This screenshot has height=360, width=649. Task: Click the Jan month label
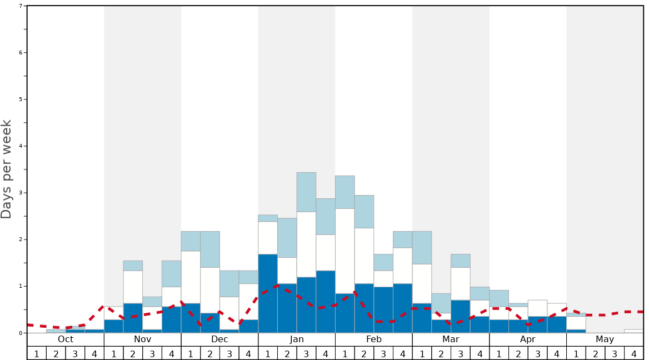click(x=297, y=339)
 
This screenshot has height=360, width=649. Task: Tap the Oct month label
click(x=66, y=339)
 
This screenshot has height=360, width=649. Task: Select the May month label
click(x=605, y=339)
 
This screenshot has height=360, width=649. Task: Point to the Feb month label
click(x=374, y=339)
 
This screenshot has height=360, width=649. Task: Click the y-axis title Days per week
click(x=7, y=169)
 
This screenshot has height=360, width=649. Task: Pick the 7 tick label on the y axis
click(x=21, y=6)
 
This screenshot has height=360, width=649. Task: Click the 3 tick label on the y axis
click(x=21, y=193)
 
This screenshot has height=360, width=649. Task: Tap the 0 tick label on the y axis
click(x=21, y=333)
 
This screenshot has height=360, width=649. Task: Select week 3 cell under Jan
click(x=306, y=353)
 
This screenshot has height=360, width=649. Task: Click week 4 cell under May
click(x=634, y=353)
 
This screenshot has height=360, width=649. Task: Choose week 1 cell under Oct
click(x=37, y=353)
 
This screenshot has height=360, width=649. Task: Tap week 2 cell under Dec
click(x=210, y=353)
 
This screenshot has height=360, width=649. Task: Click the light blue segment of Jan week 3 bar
click(x=306, y=192)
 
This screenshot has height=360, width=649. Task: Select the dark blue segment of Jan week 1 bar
click(x=268, y=293)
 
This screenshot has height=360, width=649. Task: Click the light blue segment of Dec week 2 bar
click(x=210, y=249)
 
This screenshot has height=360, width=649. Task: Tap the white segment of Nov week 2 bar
click(x=133, y=287)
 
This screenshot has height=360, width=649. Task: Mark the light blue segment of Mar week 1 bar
click(x=422, y=248)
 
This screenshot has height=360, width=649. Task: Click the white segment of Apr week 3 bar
click(x=537, y=308)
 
